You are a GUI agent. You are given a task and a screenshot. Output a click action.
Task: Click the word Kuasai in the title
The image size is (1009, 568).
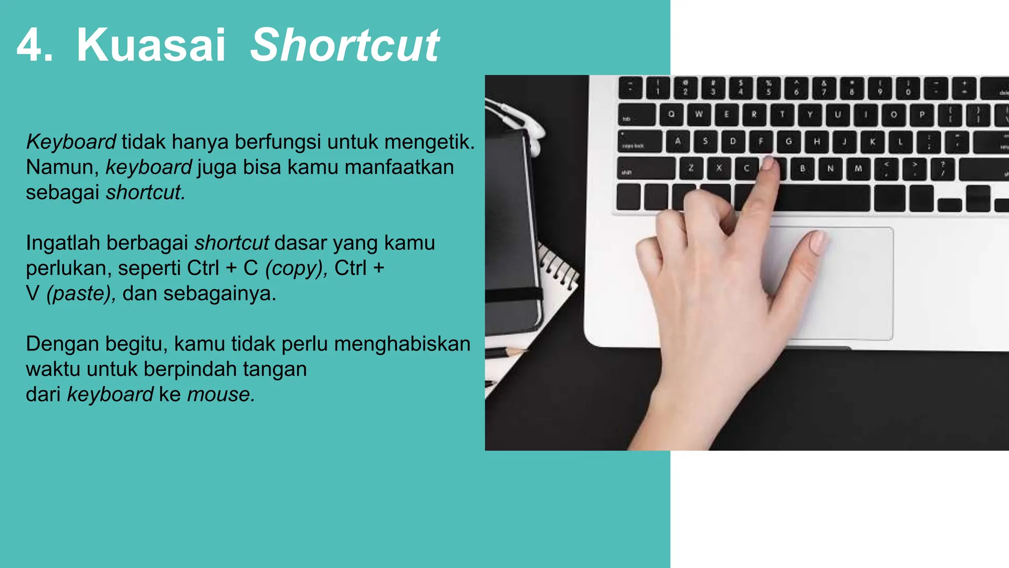151,45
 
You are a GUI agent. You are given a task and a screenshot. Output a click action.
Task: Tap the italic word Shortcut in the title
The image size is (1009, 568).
344,45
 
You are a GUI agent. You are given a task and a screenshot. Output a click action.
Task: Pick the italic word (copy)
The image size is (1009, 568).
296,268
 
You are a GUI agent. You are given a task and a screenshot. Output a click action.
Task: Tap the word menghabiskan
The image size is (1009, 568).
402,344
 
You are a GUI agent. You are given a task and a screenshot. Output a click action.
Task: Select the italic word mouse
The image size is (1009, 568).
221,394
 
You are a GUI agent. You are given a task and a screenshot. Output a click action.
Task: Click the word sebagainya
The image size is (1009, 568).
219,293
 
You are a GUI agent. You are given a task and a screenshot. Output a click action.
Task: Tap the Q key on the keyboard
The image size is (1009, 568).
672,114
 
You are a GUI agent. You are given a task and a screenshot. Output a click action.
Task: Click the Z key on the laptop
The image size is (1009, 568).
691,168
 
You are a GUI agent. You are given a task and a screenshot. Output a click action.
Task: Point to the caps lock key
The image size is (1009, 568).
639,142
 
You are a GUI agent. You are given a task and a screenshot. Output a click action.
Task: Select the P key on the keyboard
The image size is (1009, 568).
922,115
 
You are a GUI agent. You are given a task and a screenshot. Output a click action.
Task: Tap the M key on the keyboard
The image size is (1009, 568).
858,169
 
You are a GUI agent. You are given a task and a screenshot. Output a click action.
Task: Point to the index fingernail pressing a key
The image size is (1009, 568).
768,163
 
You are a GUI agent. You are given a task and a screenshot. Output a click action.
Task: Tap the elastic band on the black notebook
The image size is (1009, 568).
512,295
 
